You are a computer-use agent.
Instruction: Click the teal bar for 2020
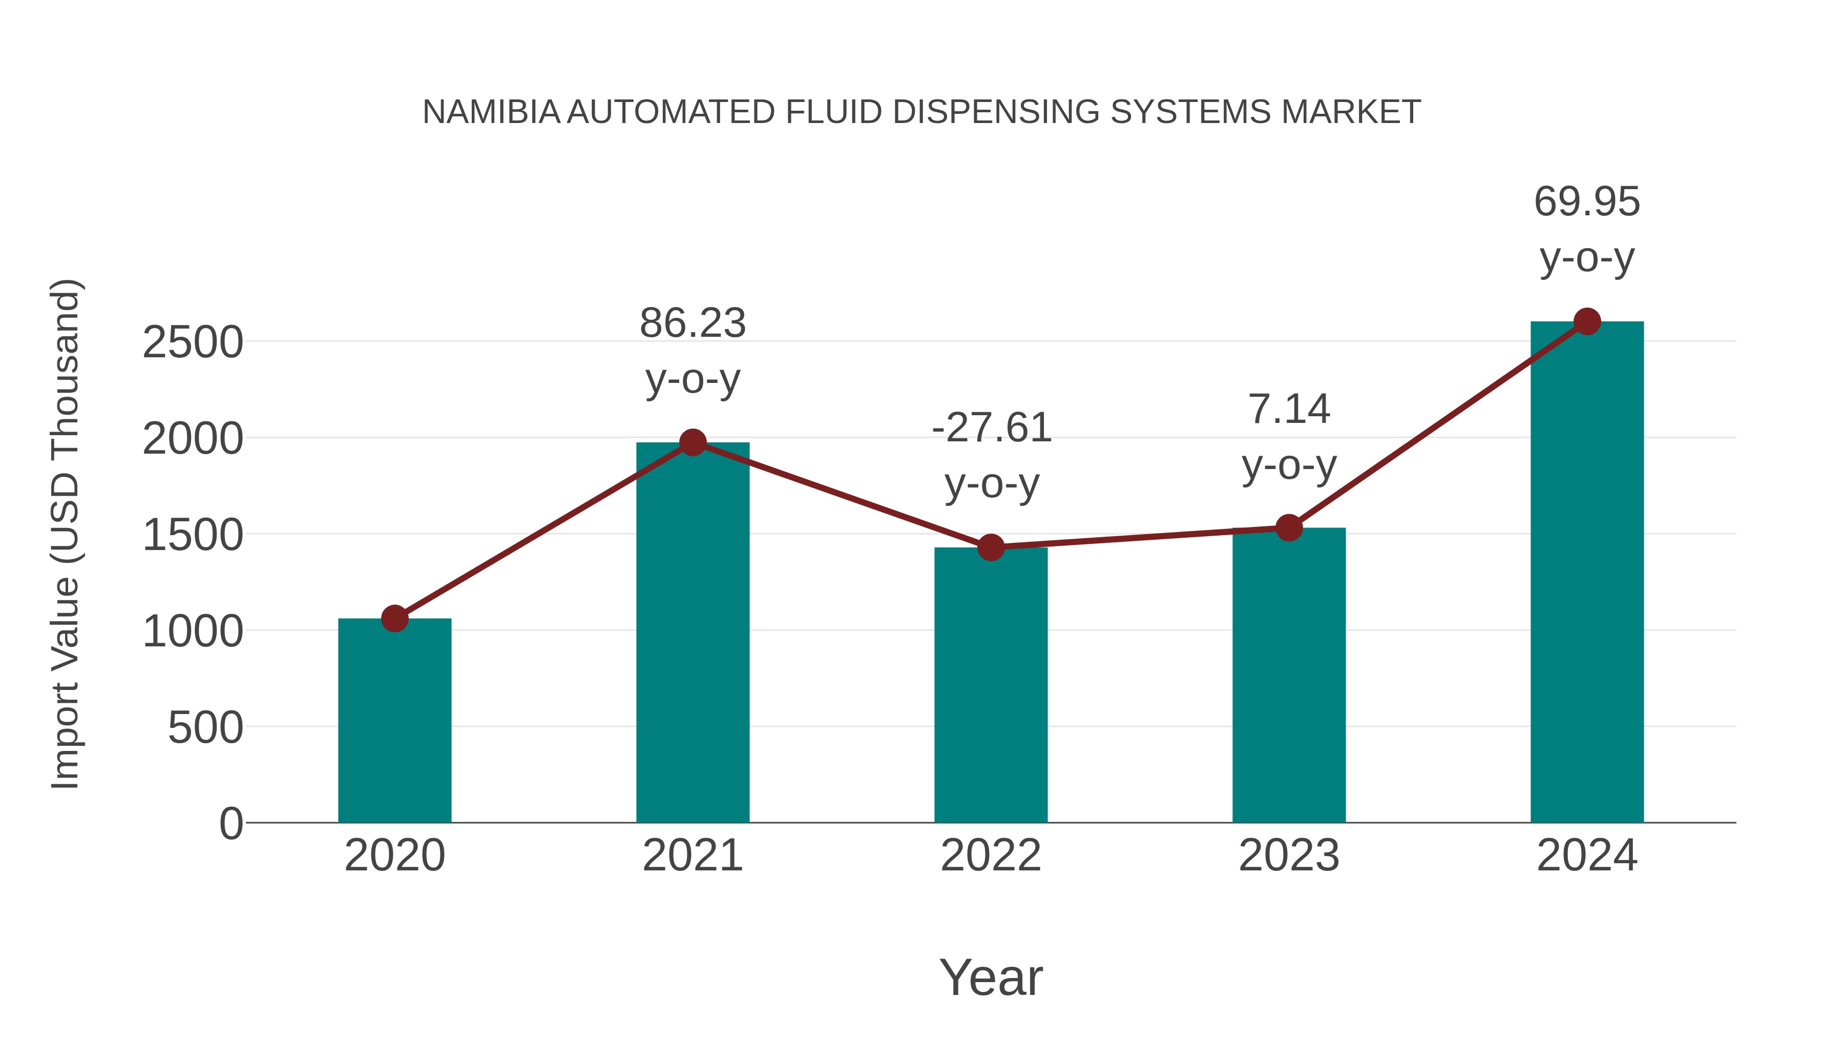pos(394,723)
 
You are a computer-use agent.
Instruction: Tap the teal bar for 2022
pos(991,688)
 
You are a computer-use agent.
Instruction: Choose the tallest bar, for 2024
pos(1587,573)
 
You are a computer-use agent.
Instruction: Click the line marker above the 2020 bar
pos(394,618)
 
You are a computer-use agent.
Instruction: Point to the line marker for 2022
pos(991,547)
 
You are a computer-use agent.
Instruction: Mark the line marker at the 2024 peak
pos(1587,321)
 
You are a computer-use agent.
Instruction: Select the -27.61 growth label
pos(991,429)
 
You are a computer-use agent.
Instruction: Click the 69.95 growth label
pos(1587,201)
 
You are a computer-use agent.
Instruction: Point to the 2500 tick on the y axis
pos(193,342)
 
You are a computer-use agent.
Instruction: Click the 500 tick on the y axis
pos(205,728)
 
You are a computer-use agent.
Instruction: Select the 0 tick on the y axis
pos(230,824)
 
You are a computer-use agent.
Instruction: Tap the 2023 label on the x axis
pos(1289,856)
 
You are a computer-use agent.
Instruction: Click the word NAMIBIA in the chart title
pos(491,112)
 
